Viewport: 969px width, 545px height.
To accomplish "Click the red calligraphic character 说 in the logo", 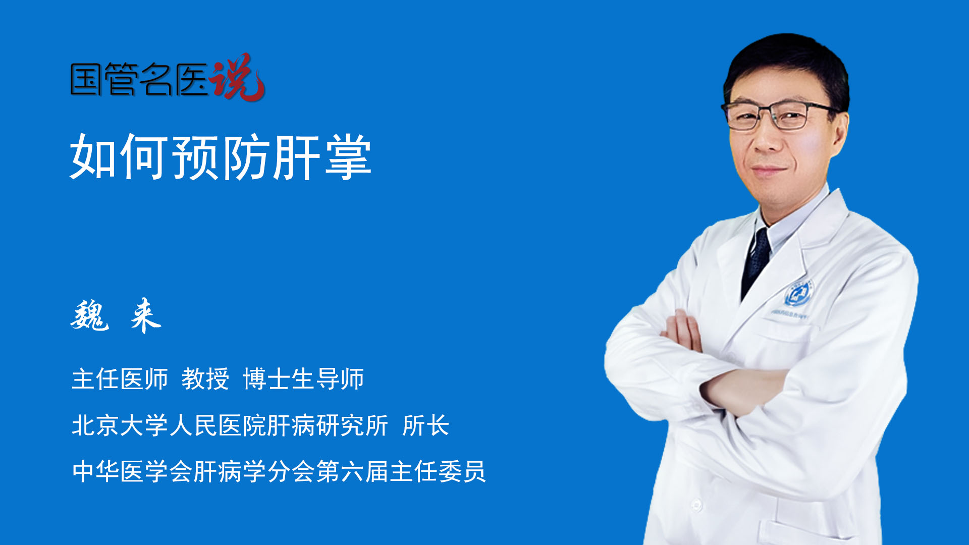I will [x=237, y=78].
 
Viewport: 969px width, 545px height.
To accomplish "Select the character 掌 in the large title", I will [x=348, y=157].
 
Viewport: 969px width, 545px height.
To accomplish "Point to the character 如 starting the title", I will [x=93, y=157].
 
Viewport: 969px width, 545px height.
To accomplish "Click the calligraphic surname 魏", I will [x=90, y=316].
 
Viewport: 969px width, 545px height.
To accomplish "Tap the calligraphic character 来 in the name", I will [x=145, y=316].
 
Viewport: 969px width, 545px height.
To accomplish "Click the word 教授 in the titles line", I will [x=205, y=379].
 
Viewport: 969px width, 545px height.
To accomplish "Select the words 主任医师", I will [x=120, y=379].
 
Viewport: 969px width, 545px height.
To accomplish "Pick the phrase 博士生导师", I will [x=303, y=379].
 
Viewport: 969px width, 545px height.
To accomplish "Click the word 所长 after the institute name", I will [x=425, y=425].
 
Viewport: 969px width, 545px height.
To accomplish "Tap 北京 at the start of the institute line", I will [x=95, y=425].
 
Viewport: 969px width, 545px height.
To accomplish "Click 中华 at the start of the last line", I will [x=95, y=471].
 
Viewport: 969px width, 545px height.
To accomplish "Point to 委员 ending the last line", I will [x=462, y=471].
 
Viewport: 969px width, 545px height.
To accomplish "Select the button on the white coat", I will [x=697, y=504].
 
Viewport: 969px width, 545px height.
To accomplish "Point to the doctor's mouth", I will [x=768, y=170].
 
